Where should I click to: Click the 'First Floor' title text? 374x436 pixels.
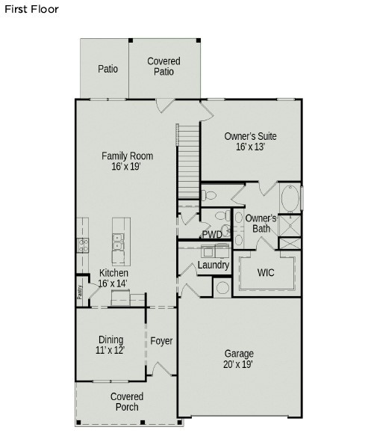click(x=31, y=9)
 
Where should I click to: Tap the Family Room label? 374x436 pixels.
click(x=127, y=156)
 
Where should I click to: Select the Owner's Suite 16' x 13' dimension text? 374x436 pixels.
click(x=250, y=147)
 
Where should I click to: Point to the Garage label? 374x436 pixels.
click(x=239, y=354)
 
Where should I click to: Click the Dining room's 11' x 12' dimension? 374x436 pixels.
click(x=110, y=350)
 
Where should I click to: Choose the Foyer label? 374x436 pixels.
click(x=161, y=341)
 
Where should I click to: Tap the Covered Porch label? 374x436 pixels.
click(x=127, y=402)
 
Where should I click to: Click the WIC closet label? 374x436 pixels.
click(x=266, y=272)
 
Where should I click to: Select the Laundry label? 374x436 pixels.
click(x=214, y=265)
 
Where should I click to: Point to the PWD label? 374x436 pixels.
click(x=212, y=235)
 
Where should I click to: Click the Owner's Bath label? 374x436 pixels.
click(x=261, y=224)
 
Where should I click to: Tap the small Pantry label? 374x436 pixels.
click(x=80, y=292)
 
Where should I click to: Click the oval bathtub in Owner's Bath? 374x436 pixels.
click(x=290, y=198)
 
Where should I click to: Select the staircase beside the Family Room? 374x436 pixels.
click(x=189, y=162)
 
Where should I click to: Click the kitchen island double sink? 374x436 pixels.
click(x=118, y=242)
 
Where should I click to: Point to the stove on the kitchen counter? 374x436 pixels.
click(x=83, y=245)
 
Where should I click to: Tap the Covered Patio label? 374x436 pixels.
click(x=163, y=66)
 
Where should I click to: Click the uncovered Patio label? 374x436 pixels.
click(x=107, y=69)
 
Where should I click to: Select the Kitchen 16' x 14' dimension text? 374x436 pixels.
click(x=113, y=283)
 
